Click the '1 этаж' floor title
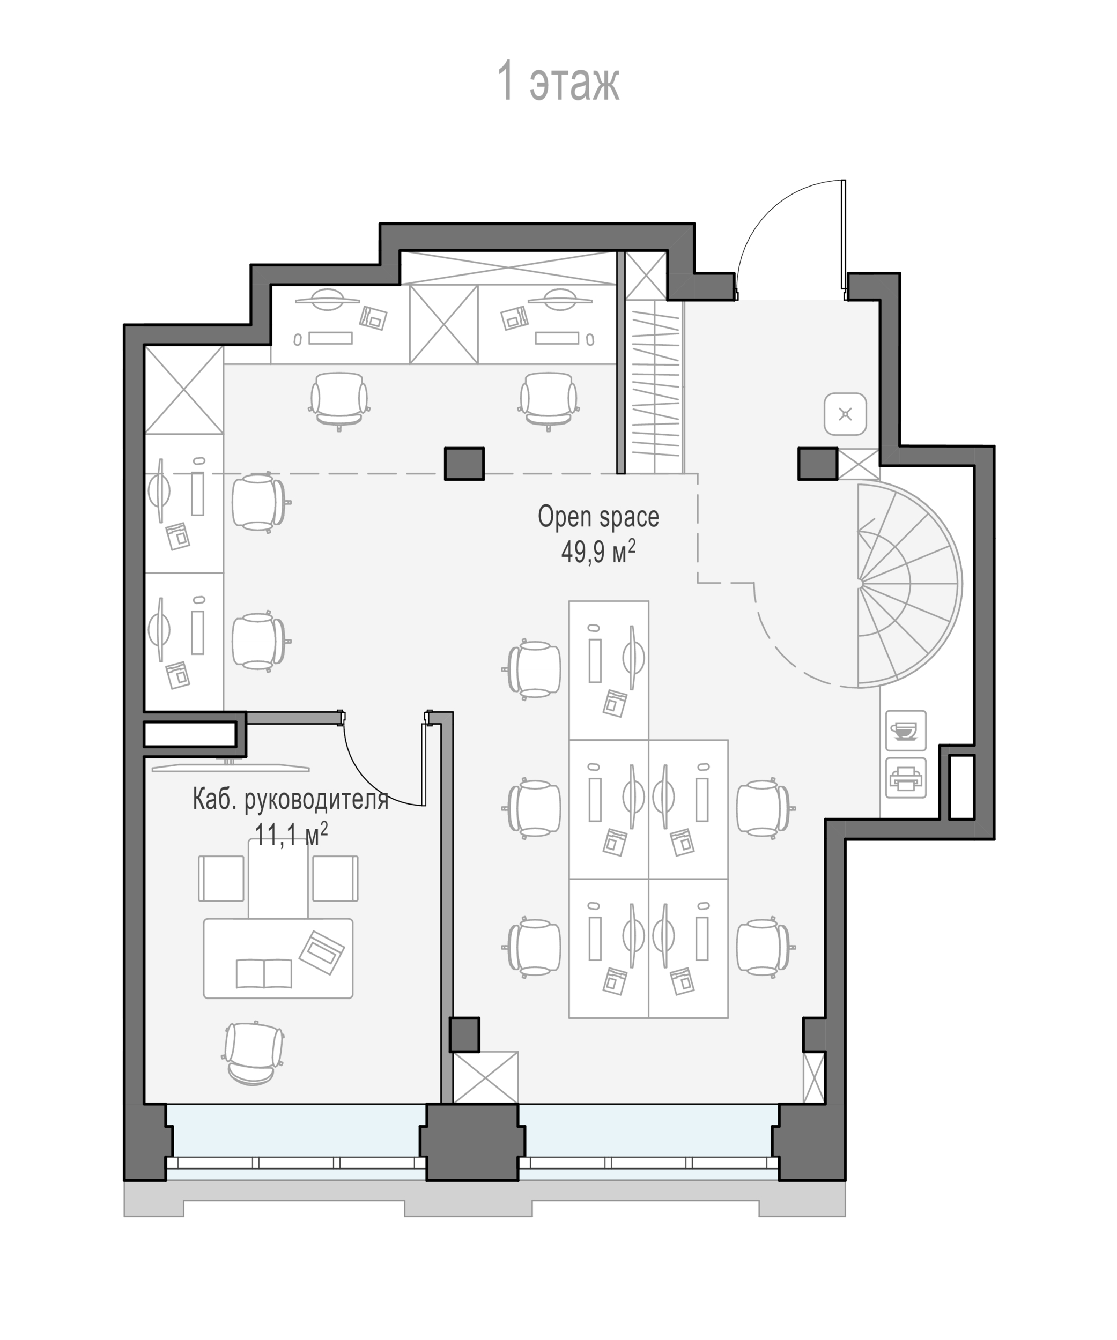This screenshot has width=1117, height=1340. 558,81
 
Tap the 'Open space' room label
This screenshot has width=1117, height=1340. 598,517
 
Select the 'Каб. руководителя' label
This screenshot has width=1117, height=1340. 291,800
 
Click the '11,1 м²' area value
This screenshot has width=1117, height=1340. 291,833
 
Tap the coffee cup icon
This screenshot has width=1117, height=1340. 905,730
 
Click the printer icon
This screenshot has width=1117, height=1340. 905,778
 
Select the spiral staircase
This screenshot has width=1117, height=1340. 908,584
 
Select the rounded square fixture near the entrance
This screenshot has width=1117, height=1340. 845,414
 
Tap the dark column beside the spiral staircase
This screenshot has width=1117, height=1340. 818,463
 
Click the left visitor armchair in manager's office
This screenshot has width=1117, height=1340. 221,878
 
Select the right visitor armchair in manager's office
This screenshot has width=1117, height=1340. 335,878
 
